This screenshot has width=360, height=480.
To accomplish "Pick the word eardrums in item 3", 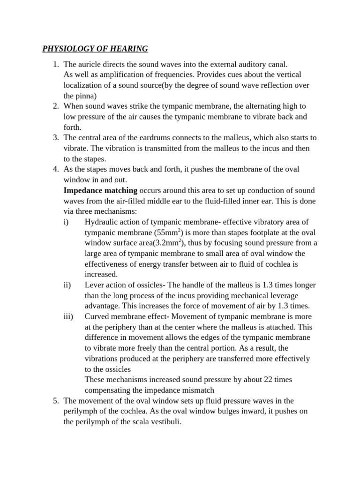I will point(144,138).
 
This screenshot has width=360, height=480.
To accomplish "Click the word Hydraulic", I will point(101,222).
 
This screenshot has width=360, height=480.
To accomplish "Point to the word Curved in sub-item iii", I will point(98,316).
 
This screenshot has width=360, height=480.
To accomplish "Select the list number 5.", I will point(55,401).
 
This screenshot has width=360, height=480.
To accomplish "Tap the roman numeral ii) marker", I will point(67,285).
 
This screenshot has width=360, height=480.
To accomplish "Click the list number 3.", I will point(55,138).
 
